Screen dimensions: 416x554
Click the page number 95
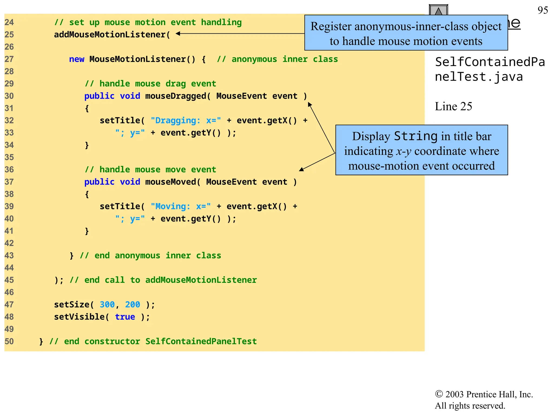coord(543,10)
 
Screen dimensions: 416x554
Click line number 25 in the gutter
coord(9,35)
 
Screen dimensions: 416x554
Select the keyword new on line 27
coord(77,59)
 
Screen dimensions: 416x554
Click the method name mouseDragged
coord(176,96)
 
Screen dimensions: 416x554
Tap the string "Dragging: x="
coord(186,120)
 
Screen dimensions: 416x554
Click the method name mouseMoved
coord(170,182)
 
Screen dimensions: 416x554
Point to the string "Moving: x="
coord(181,206)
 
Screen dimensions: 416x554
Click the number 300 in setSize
coord(107,304)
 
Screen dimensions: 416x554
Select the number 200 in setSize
coord(133,304)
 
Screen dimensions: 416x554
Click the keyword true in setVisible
coord(125,317)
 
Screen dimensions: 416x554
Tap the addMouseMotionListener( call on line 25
coord(112,35)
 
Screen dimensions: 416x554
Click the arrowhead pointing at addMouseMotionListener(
coord(178,34)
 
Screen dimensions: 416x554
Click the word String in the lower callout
coord(415,136)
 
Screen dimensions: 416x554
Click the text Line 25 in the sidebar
coord(453,106)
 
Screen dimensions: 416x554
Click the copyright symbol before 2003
coord(438,394)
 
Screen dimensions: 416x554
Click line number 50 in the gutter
coord(9,341)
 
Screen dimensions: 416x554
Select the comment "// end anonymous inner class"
coord(150,255)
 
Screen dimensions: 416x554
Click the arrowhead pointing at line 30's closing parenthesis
coord(309,104)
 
